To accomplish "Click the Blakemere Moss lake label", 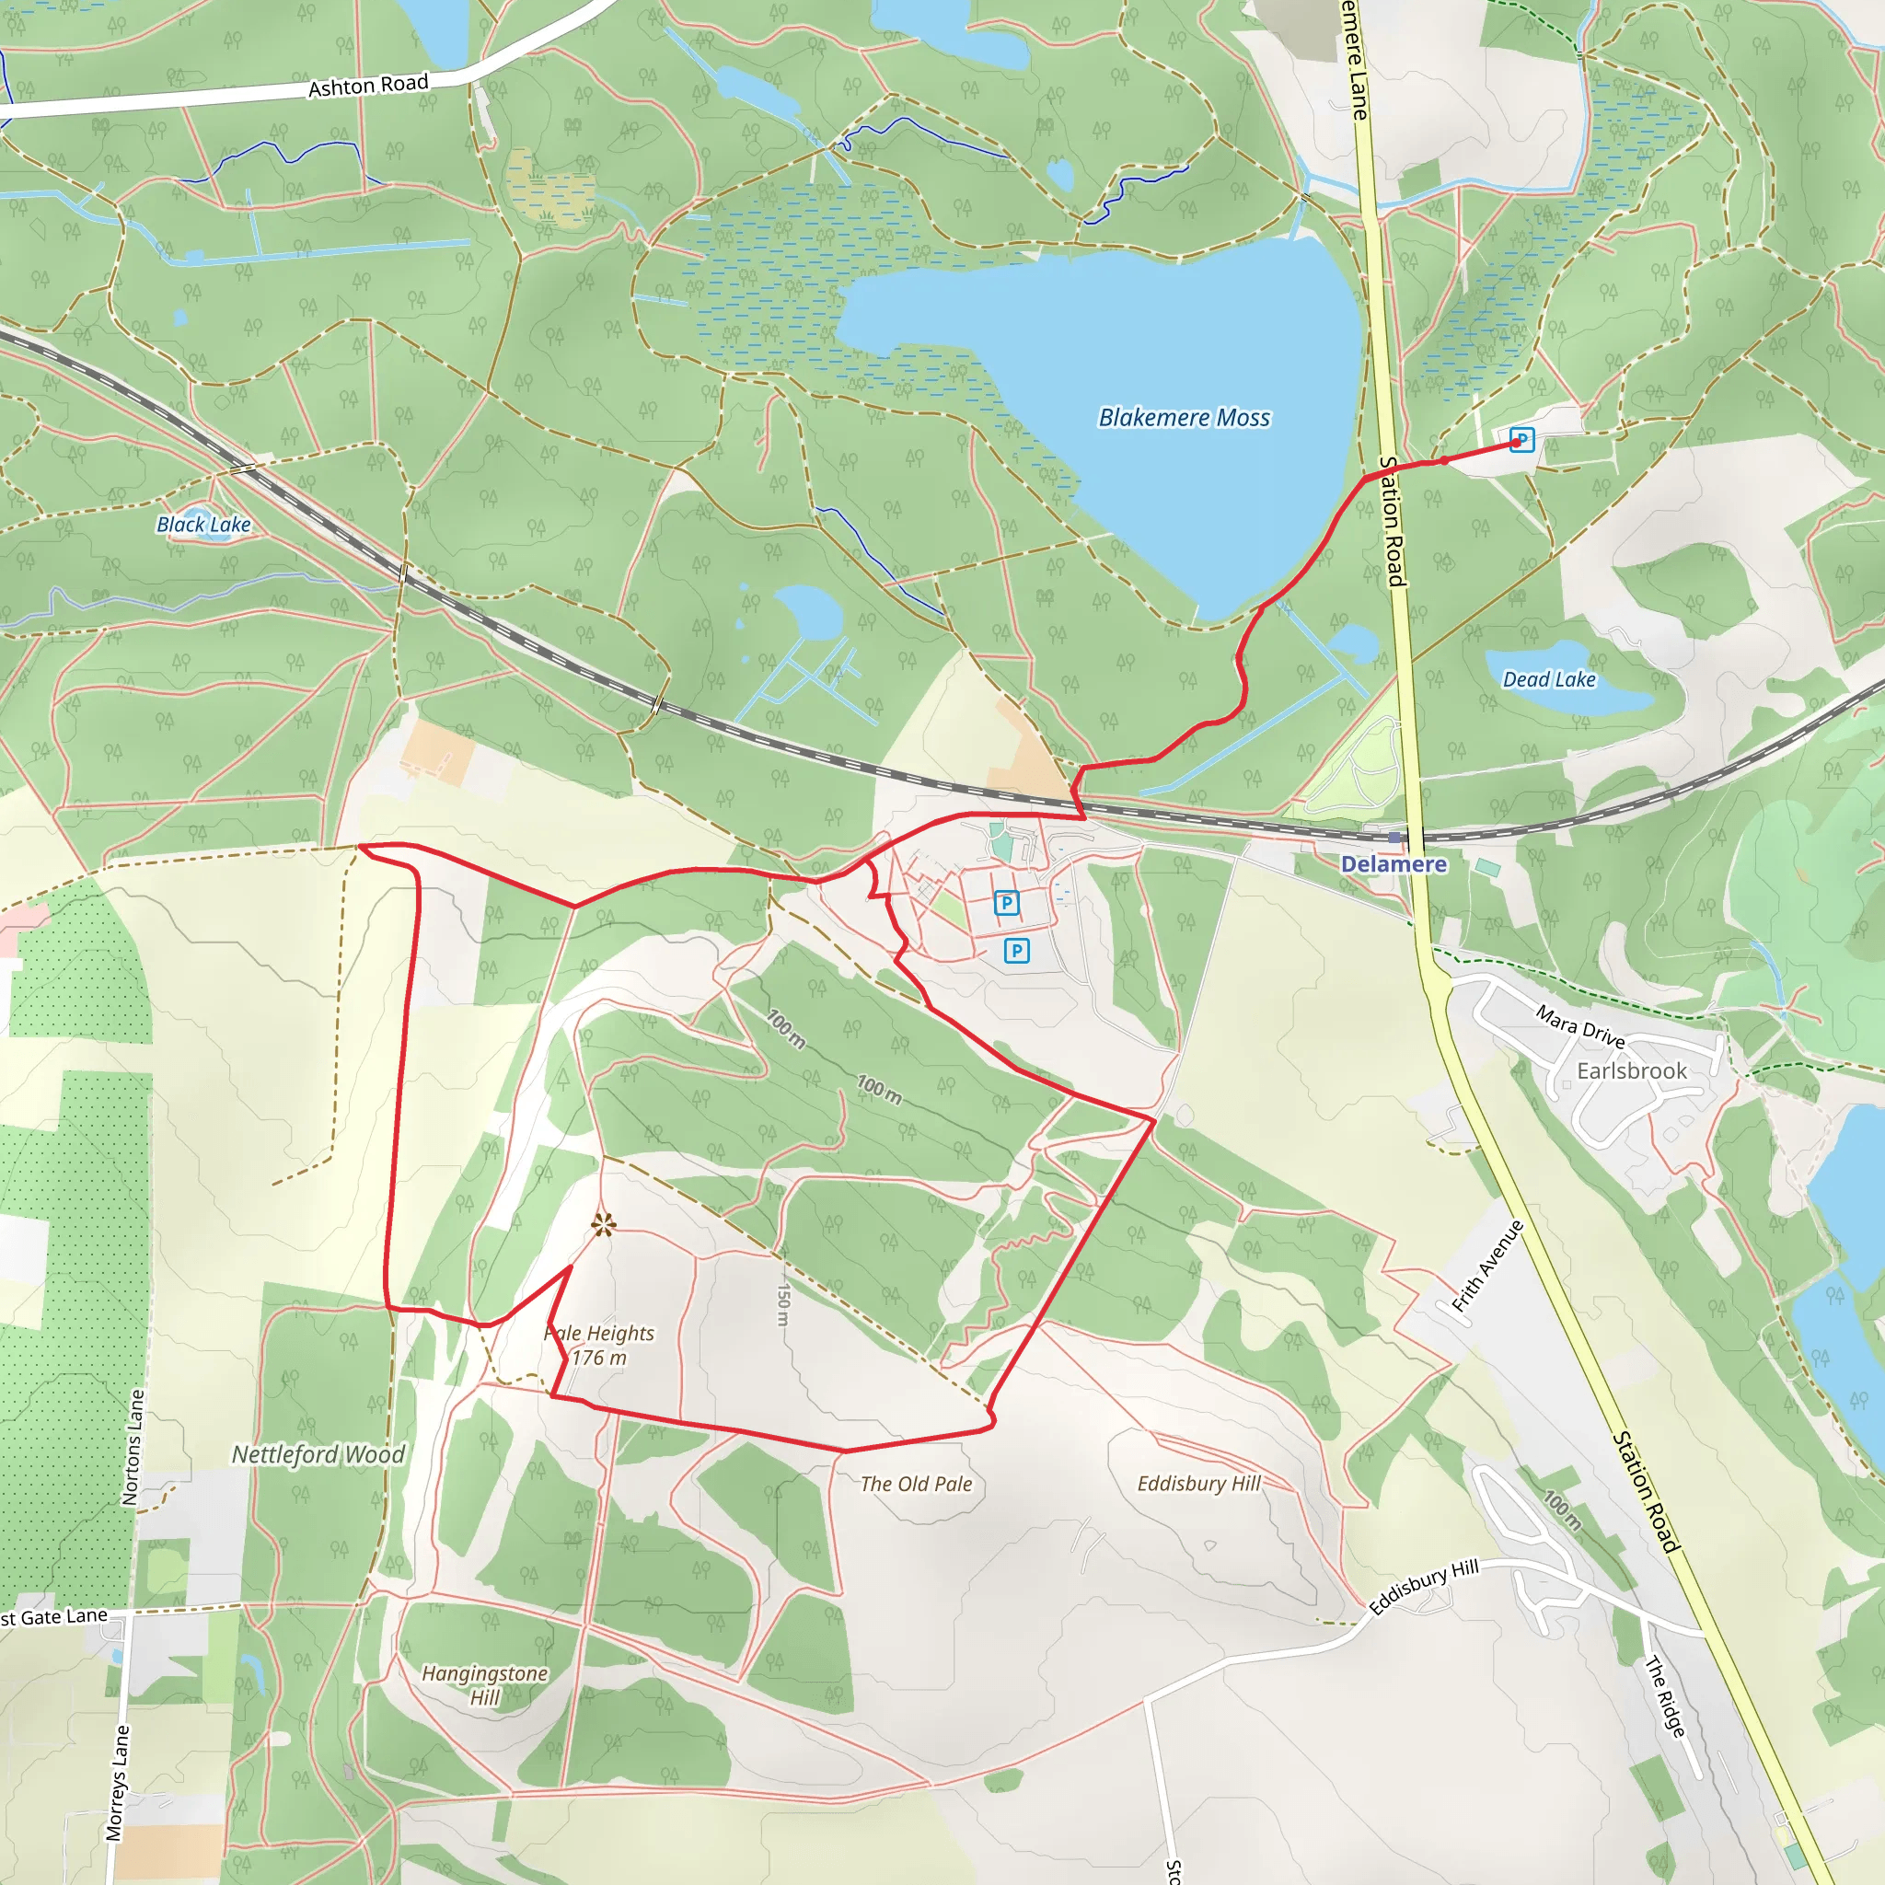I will pyautogui.click(x=1184, y=418).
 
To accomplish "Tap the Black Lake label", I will pyautogui.click(x=204, y=525).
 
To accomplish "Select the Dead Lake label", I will pyautogui.click(x=1548, y=679).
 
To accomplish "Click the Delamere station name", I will pyautogui.click(x=1394, y=863).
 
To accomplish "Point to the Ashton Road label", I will pyautogui.click(x=368, y=86).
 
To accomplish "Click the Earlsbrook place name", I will pyautogui.click(x=1631, y=1070).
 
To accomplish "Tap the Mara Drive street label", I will pyautogui.click(x=1579, y=1026).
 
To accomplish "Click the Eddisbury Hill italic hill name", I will pyautogui.click(x=1198, y=1483).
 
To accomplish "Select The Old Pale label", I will pyautogui.click(x=916, y=1484).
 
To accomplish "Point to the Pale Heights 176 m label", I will pyautogui.click(x=599, y=1345).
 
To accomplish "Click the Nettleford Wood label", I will pyautogui.click(x=318, y=1455).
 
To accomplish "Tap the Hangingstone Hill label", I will pyautogui.click(x=485, y=1685).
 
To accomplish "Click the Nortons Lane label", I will pyautogui.click(x=133, y=1448).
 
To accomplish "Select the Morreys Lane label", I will pyautogui.click(x=117, y=1783).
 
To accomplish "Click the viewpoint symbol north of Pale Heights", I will pyautogui.click(x=603, y=1224).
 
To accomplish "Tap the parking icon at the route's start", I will pyautogui.click(x=1521, y=439).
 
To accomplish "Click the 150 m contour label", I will pyautogui.click(x=782, y=1303).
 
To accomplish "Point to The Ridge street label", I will pyautogui.click(x=1664, y=1695).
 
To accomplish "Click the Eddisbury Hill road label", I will pyautogui.click(x=1425, y=1588).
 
